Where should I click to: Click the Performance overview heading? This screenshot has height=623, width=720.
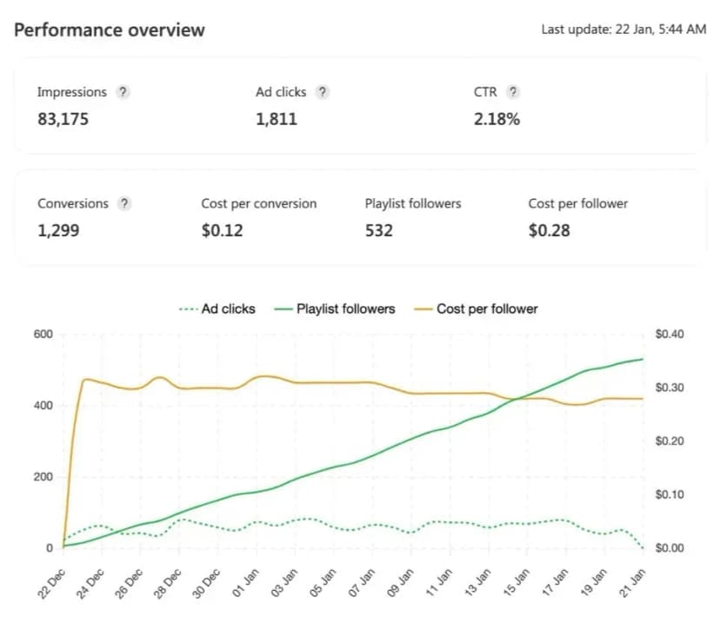110,30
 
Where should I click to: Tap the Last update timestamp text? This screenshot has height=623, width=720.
623,30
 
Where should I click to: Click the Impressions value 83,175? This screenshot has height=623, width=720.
63,119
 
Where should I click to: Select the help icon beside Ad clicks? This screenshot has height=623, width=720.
323,92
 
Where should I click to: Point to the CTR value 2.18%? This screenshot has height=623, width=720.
497,119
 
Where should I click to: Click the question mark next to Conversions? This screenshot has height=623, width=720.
124,203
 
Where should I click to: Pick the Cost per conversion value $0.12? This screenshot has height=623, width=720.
223,230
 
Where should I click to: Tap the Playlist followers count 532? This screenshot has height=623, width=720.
379,230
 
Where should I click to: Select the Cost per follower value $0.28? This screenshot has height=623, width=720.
550,230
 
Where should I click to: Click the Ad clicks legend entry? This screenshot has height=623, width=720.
217,308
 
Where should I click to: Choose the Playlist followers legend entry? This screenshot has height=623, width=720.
334,308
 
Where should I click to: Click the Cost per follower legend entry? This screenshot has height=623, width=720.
476,308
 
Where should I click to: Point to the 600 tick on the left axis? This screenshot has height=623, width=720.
43,334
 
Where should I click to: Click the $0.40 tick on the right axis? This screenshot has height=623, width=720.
670,334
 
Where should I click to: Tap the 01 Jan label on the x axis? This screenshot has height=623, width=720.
245,583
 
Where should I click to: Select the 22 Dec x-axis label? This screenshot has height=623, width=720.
51,584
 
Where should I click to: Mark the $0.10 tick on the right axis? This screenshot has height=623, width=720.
670,494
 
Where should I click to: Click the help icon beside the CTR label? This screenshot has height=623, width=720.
513,92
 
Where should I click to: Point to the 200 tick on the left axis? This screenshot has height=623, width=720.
43,477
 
